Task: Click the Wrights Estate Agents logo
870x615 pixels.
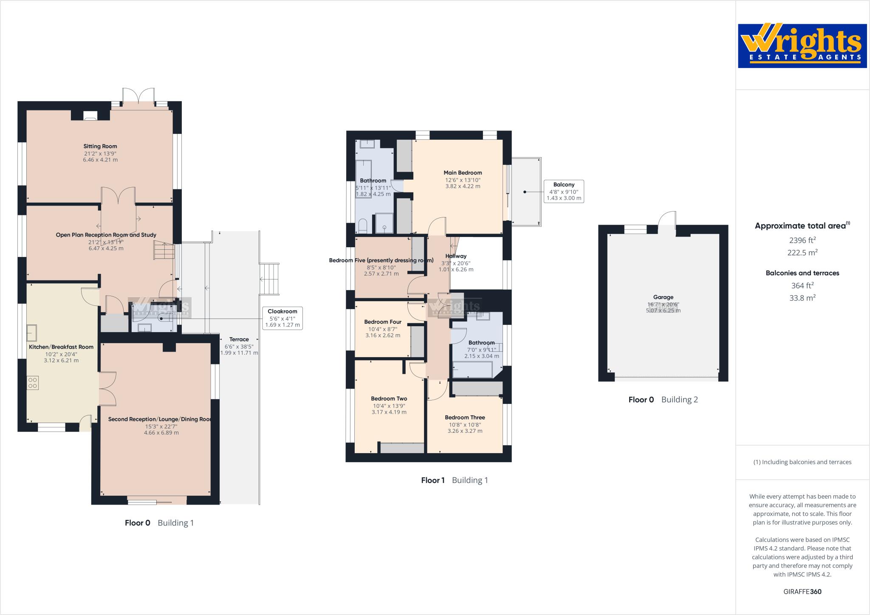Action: point(802,46)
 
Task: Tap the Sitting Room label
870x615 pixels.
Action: point(100,146)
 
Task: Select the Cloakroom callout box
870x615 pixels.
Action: point(282,318)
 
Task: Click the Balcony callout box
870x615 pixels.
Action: point(564,191)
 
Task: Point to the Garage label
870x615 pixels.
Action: point(663,297)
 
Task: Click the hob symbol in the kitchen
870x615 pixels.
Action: point(32,383)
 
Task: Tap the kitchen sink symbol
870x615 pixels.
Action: point(32,333)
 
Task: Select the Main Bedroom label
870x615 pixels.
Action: point(463,172)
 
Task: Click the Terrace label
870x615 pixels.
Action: point(239,339)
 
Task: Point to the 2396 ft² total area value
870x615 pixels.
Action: point(802,240)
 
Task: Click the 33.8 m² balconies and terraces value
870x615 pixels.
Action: point(802,298)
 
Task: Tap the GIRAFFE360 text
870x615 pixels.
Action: point(802,592)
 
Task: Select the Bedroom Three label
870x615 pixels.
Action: point(465,418)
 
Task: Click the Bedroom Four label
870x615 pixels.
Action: point(382,322)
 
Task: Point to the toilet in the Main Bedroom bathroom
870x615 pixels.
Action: point(362,226)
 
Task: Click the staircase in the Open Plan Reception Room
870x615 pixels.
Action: point(164,250)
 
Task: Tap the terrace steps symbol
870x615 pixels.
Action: point(270,279)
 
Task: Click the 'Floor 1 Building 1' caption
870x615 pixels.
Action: point(454,480)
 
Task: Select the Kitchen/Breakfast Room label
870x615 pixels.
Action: point(61,347)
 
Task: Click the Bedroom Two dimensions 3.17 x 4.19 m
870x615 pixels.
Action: point(389,412)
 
